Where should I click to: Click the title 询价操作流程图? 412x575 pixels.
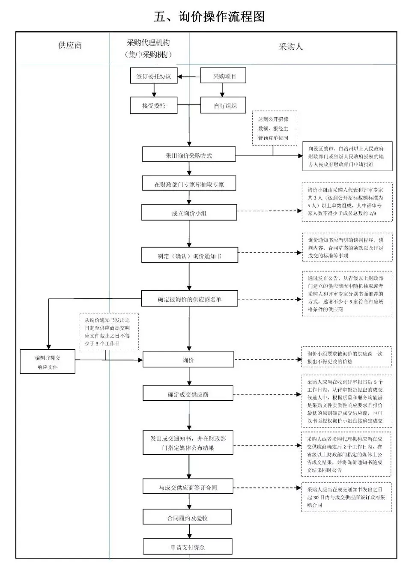(209, 17)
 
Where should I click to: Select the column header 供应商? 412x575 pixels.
(70, 45)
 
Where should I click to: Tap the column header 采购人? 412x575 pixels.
(291, 47)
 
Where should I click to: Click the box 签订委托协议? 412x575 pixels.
(154, 77)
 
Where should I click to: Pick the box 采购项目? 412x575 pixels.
(224, 77)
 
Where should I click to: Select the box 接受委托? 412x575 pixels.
(154, 105)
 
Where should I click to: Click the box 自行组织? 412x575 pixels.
(224, 105)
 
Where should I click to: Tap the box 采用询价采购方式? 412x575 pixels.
(189, 155)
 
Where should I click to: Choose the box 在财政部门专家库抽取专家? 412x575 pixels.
(189, 184)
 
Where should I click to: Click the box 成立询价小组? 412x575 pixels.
(189, 213)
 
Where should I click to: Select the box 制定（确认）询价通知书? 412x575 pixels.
(189, 256)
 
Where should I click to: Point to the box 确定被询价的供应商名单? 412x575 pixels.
(189, 299)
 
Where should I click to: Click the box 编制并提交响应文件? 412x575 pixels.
(48, 362)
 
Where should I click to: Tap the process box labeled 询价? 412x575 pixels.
(188, 360)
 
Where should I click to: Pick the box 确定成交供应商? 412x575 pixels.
(188, 394)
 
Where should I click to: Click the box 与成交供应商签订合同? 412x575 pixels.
(188, 487)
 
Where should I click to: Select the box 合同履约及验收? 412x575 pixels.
(187, 518)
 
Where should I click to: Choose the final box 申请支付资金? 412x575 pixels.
(188, 547)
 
